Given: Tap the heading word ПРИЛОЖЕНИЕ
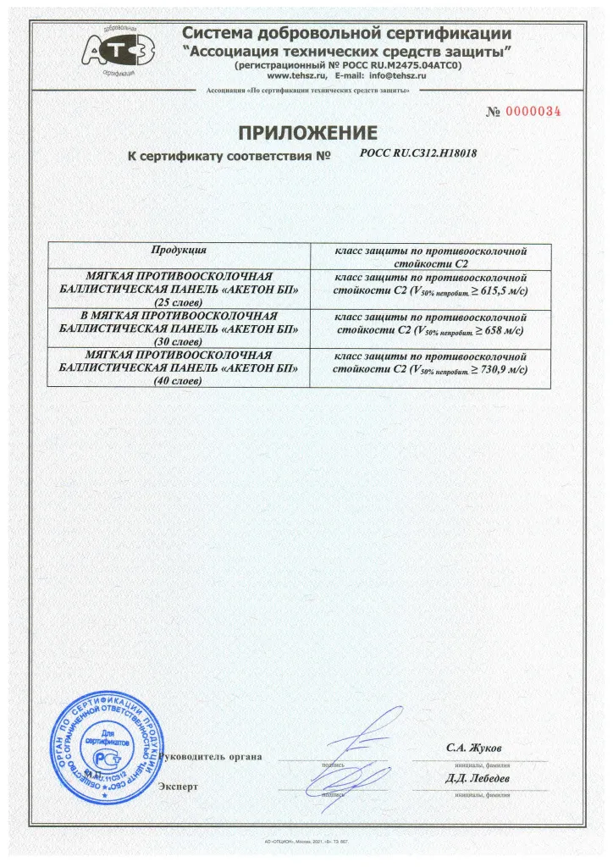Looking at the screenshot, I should [306, 133].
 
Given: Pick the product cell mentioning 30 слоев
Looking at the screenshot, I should [179, 326].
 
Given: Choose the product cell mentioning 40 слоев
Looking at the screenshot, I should [179, 367].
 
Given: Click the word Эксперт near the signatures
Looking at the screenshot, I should [178, 787].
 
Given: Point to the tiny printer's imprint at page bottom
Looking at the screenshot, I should [306, 842].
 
